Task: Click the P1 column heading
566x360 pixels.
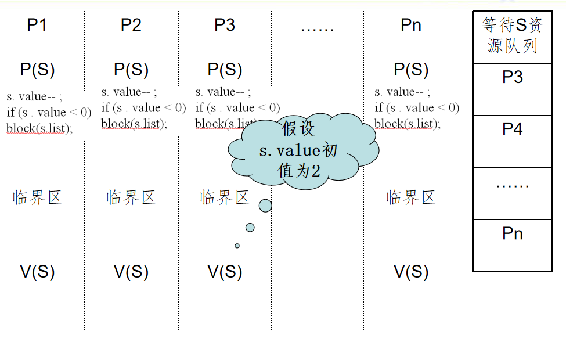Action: tap(37, 25)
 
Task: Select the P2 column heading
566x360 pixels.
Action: tap(131, 25)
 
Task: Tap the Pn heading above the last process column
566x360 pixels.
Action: tap(411, 25)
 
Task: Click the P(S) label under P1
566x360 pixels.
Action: tap(37, 70)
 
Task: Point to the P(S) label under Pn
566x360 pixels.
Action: tap(411, 70)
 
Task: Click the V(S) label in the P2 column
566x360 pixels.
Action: tap(131, 271)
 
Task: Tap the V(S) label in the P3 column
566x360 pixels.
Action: tap(225, 271)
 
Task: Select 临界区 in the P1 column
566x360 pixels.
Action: tap(37, 198)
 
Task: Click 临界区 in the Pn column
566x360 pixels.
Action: tap(411, 198)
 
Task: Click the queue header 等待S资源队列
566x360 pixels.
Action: tap(513, 36)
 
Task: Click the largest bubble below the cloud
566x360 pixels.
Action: tap(265, 206)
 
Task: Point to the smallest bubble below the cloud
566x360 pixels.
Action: tap(237, 246)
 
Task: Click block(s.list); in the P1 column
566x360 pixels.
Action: tap(40, 128)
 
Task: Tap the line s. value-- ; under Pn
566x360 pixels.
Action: tap(403, 92)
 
